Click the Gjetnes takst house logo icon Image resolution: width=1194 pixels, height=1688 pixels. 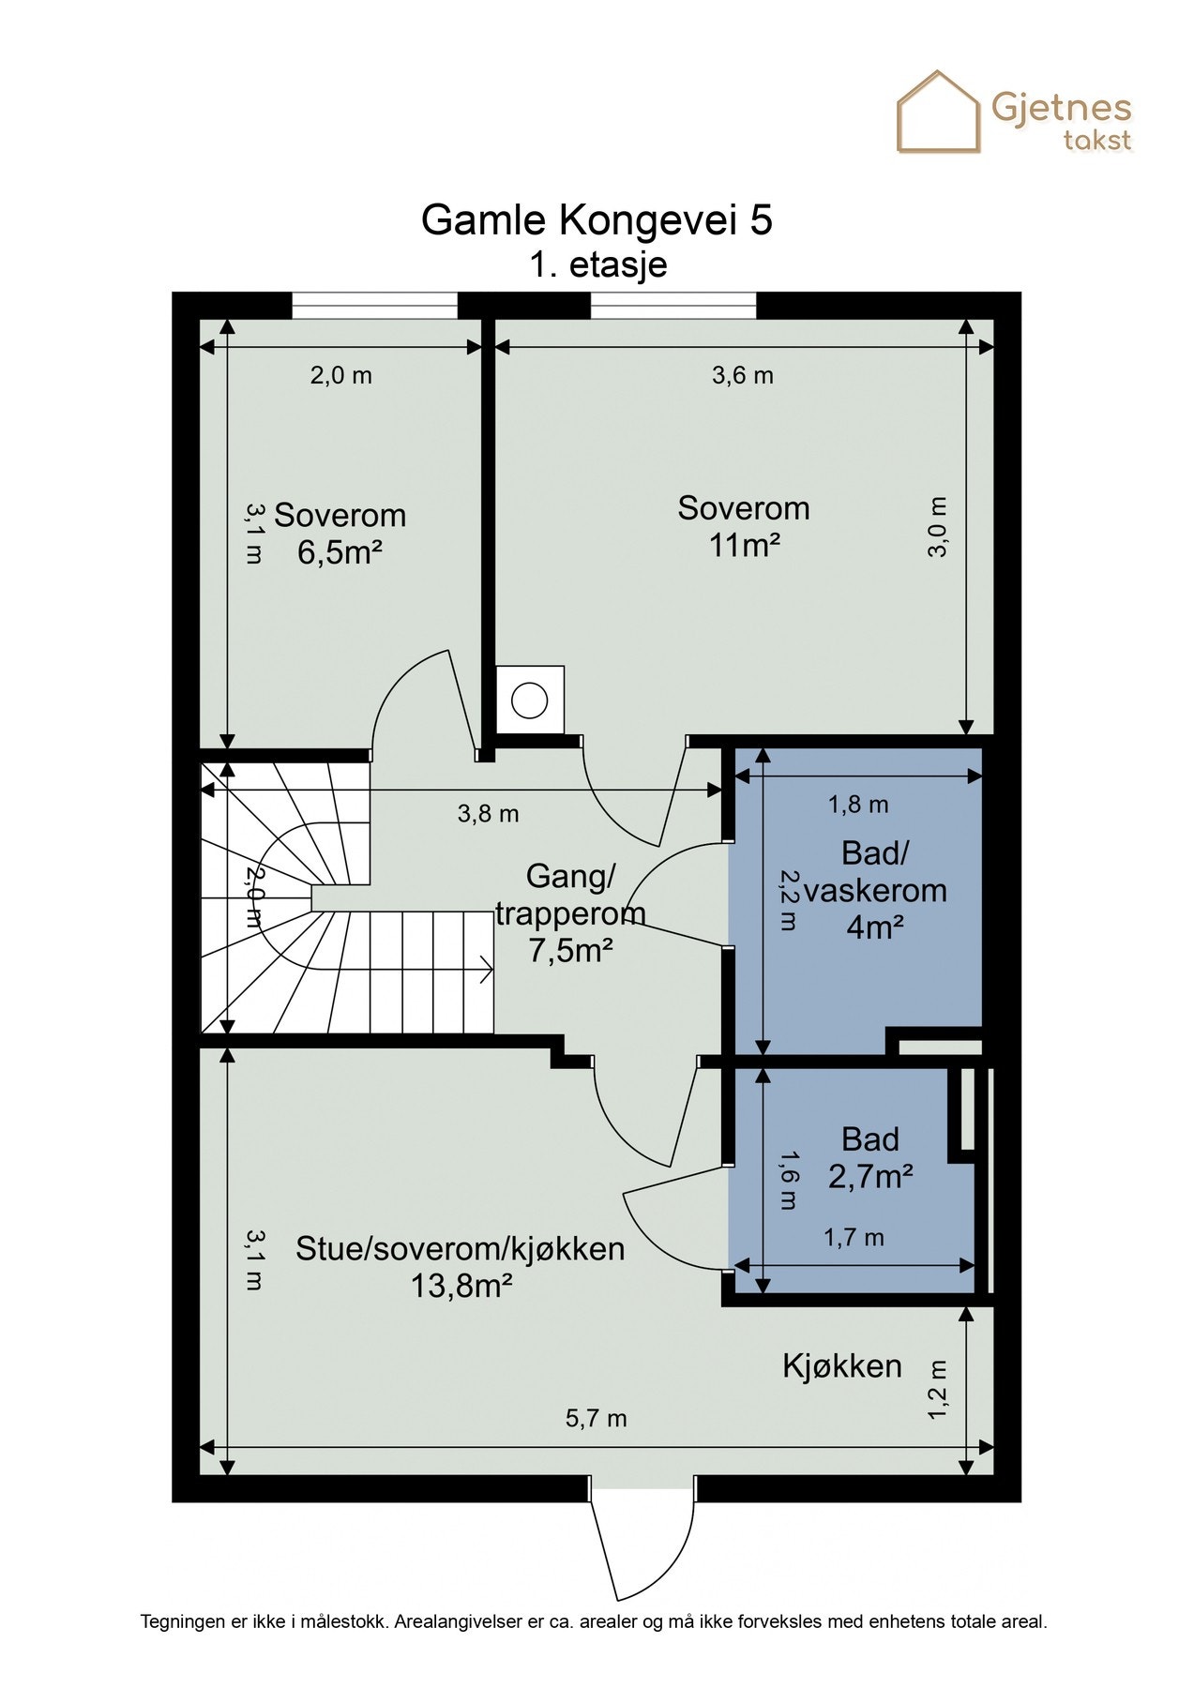(938, 112)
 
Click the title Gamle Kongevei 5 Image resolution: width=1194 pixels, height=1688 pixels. (597, 220)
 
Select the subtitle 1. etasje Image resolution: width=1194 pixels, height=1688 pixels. (597, 264)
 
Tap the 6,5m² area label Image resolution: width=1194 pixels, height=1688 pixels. (340, 552)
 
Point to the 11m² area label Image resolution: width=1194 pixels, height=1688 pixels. (745, 545)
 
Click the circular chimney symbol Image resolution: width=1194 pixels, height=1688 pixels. (530, 701)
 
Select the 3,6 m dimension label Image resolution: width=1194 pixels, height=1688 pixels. (743, 376)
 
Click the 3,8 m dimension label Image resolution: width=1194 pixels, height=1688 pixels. (488, 814)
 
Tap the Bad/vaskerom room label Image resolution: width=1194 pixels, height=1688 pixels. (874, 872)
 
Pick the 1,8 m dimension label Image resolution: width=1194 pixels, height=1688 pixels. (858, 805)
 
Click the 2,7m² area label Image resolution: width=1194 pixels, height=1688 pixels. (870, 1176)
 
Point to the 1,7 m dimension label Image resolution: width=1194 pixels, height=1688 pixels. (854, 1238)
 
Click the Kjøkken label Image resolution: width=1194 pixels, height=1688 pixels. (842, 1366)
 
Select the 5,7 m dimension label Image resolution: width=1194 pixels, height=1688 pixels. (596, 1419)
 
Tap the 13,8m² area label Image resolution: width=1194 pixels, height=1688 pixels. (461, 1286)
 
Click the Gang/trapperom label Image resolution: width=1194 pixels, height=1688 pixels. (570, 895)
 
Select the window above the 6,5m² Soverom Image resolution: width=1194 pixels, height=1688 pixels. (375, 306)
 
